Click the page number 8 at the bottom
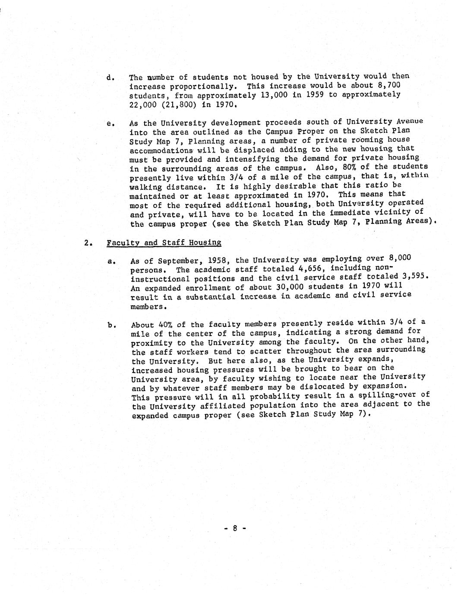(235, 528)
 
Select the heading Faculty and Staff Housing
(164, 243)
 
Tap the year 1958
(220, 260)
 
